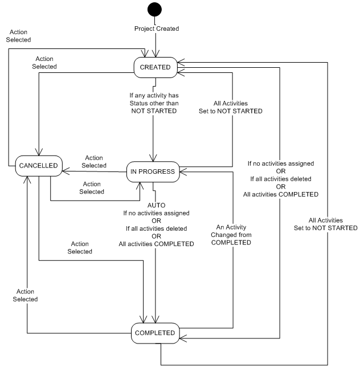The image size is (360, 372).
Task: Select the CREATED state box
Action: click(x=156, y=67)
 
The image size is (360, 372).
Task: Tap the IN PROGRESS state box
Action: click(x=153, y=171)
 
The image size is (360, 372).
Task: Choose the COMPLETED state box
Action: click(x=156, y=332)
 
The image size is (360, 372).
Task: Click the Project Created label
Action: click(x=156, y=28)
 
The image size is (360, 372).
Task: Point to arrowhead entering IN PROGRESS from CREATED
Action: click(x=153, y=160)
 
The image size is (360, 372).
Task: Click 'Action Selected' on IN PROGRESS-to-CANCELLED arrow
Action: click(x=95, y=161)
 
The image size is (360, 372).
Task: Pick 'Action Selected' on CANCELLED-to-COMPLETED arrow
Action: click(x=79, y=247)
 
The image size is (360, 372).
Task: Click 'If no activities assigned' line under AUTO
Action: click(x=156, y=212)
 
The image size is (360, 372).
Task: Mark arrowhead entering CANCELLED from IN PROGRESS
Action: click(x=64, y=169)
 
